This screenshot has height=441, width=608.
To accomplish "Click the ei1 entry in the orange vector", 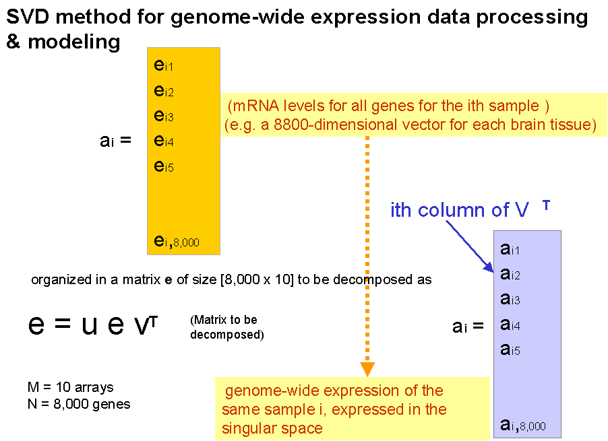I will click(x=164, y=65).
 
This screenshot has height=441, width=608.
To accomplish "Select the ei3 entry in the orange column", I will click(x=164, y=116).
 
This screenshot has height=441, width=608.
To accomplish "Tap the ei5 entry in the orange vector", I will click(x=164, y=166).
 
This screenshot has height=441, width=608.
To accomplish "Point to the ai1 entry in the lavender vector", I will click(x=511, y=249).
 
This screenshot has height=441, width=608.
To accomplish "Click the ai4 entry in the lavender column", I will click(x=511, y=325).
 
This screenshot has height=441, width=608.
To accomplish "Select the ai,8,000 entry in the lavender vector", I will click(x=523, y=424).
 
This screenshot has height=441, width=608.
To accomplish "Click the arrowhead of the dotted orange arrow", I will click(x=367, y=369).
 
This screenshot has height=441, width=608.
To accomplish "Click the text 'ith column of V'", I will click(x=458, y=210).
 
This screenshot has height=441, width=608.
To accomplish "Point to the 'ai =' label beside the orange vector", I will click(x=115, y=141).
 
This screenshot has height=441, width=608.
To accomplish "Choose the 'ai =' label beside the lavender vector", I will click(x=468, y=327).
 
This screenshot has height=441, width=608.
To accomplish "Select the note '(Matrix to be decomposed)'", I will click(x=226, y=327).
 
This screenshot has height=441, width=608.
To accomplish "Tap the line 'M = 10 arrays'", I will click(x=70, y=387).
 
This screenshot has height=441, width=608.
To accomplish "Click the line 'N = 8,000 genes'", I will click(x=78, y=404).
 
